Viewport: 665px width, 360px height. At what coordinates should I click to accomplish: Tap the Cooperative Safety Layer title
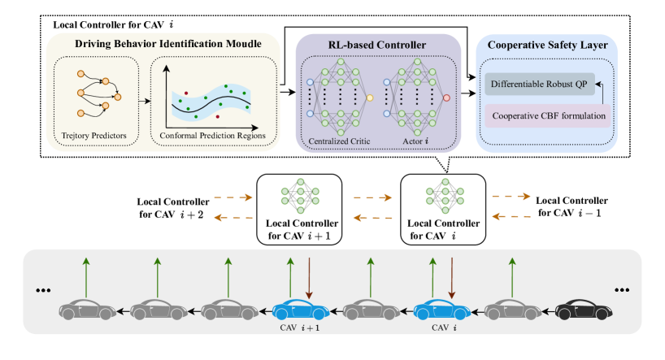point(546,45)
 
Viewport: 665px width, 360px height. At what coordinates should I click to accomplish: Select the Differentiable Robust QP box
point(541,84)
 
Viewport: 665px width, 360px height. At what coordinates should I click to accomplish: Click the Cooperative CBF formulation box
point(548,115)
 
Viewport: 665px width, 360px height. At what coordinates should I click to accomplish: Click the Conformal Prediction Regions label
point(214,135)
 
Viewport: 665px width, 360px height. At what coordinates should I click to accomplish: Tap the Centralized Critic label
point(340,141)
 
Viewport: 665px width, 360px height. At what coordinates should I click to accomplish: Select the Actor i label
point(416,141)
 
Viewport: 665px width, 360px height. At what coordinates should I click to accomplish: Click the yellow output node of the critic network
point(370,98)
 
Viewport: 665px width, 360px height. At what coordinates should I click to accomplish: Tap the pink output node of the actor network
point(446,98)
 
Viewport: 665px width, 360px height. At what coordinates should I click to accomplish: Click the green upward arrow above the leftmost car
point(85,277)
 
